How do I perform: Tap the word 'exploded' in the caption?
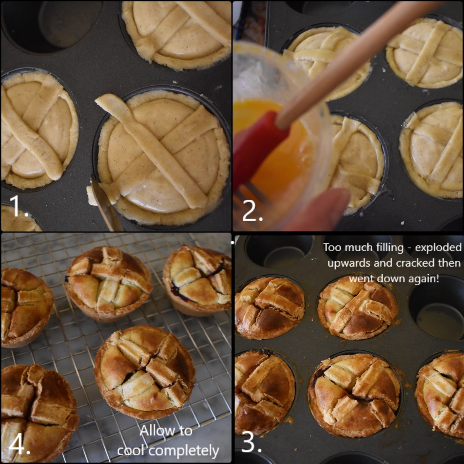point(438,247)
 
